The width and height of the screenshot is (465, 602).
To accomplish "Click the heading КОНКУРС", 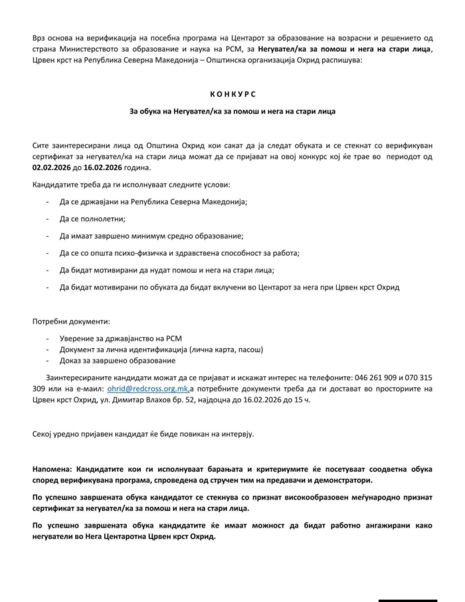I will [x=232, y=94].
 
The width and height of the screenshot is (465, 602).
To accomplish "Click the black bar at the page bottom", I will [x=405, y=599].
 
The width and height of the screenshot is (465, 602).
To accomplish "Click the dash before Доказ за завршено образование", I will [x=47, y=360].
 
